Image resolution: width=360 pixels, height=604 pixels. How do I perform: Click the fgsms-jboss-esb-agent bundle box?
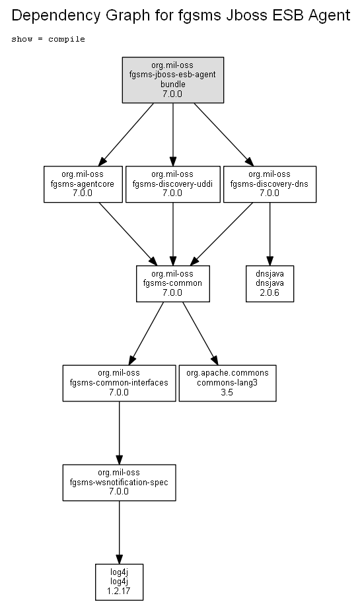point(172,80)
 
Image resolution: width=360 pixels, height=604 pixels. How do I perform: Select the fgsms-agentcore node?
point(83,184)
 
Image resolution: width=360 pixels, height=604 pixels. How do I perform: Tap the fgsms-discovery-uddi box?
point(172,184)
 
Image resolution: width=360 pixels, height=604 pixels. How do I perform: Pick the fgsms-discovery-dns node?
point(270,184)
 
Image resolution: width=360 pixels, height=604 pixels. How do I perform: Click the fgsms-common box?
point(172,283)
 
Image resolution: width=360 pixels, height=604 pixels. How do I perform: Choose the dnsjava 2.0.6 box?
point(270,283)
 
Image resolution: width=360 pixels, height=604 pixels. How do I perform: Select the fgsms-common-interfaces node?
point(119,383)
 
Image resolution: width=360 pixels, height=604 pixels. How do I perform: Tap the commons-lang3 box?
point(227,383)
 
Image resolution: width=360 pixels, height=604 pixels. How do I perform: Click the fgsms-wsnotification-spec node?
point(119,483)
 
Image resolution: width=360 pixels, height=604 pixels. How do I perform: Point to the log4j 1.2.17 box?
point(119,582)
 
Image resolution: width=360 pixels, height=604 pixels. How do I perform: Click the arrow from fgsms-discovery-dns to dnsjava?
point(270,234)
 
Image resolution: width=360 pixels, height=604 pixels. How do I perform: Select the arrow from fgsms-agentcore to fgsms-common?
point(128,234)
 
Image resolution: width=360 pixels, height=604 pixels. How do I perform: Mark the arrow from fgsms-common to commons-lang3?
point(200,333)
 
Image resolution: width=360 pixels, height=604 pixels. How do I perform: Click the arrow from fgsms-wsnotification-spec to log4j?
point(119,533)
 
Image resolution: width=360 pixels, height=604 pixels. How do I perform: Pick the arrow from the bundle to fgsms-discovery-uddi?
point(172,135)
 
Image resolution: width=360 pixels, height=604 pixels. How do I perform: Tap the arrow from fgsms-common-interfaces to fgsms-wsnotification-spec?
point(119,433)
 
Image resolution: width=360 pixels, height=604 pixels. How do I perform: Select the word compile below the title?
point(66,40)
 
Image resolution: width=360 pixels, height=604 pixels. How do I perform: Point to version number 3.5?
point(227,393)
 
